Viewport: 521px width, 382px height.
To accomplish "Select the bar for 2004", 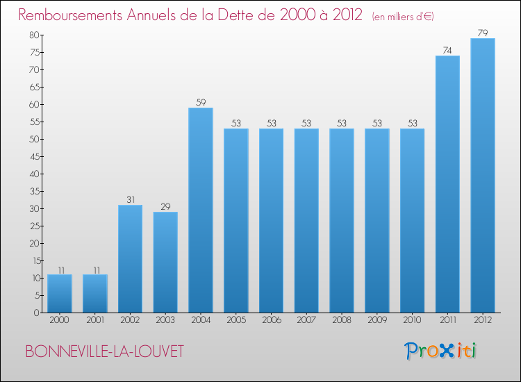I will [x=201, y=210].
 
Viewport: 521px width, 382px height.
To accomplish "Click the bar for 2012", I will [x=483, y=175].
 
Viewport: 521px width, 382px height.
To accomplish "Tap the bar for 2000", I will [x=60, y=293].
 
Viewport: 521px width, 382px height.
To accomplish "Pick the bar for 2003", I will [x=165, y=262].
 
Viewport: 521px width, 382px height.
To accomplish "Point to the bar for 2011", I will [x=447, y=184].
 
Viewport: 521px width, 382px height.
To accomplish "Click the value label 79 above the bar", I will [x=483, y=33].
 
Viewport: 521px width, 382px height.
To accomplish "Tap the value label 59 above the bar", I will [x=201, y=102].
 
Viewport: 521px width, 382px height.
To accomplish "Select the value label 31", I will [x=130, y=199].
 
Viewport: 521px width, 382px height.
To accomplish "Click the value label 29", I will [x=165, y=206].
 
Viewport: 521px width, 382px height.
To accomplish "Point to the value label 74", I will [x=447, y=50].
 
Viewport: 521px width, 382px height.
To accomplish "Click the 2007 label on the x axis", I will [x=306, y=321].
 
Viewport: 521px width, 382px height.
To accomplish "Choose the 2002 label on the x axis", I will [x=130, y=321].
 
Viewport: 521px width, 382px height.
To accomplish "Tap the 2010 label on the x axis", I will [x=412, y=321].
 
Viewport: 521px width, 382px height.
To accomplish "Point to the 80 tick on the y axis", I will [x=34, y=35].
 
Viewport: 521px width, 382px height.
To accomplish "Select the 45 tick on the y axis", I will [x=34, y=156].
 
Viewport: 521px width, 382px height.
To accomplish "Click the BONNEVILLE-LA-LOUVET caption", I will [x=105, y=351].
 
